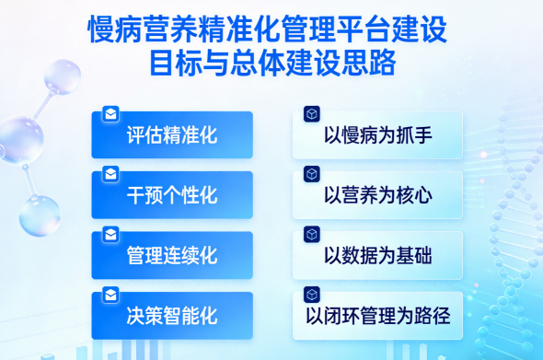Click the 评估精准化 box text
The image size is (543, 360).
pos(172,136)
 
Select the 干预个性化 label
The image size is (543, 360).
pos(172,195)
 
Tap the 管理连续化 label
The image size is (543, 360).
pos(172,255)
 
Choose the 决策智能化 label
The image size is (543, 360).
pos(172,316)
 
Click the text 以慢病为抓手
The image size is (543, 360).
pos(378,136)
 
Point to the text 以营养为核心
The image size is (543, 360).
pos(378,195)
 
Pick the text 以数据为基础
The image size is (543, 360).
pos(378,255)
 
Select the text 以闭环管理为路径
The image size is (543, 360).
pos(378,316)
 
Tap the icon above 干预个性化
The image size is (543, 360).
pos(110,174)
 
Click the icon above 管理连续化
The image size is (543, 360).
pos(110,234)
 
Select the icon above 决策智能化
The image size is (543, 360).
pos(110,295)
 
